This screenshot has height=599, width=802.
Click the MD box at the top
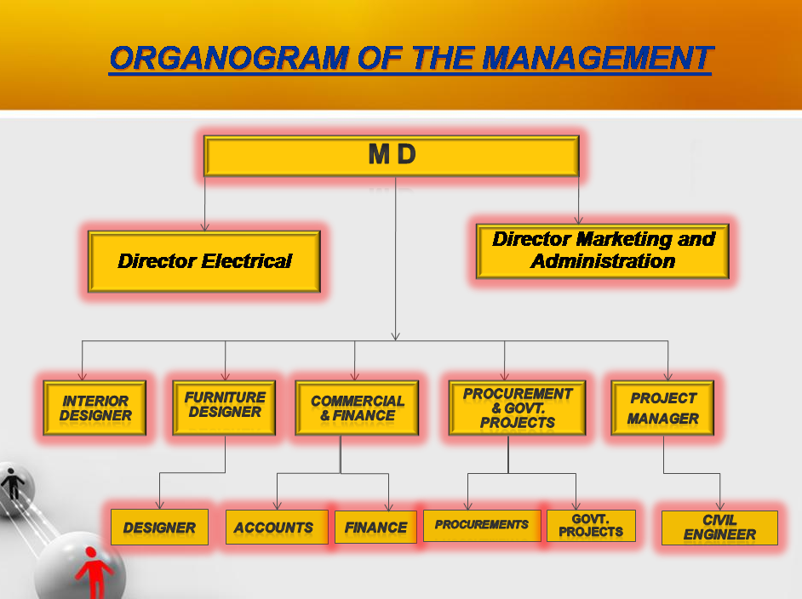[392, 156]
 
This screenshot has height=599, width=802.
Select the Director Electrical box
[204, 261]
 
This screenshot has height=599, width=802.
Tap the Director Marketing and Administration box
[603, 251]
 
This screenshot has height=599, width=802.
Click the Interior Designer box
[95, 408]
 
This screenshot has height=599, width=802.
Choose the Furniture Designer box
[225, 406]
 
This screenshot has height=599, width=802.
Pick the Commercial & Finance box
[357, 408]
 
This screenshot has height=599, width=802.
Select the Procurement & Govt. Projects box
[517, 408]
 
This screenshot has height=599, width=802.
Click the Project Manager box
[662, 408]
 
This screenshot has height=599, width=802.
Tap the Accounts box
[274, 528]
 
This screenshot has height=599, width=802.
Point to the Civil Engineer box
[719, 528]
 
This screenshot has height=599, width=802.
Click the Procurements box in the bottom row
[482, 525]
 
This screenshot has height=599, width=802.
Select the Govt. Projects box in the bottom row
[591, 526]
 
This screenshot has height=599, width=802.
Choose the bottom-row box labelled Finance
[375, 528]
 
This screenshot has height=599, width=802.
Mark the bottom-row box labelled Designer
[159, 528]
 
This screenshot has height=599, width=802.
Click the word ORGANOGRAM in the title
[227, 58]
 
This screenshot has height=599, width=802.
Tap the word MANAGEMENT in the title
[596, 58]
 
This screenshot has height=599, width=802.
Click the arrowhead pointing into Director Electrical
[204, 226]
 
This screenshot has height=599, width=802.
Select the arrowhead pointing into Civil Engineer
[720, 506]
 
